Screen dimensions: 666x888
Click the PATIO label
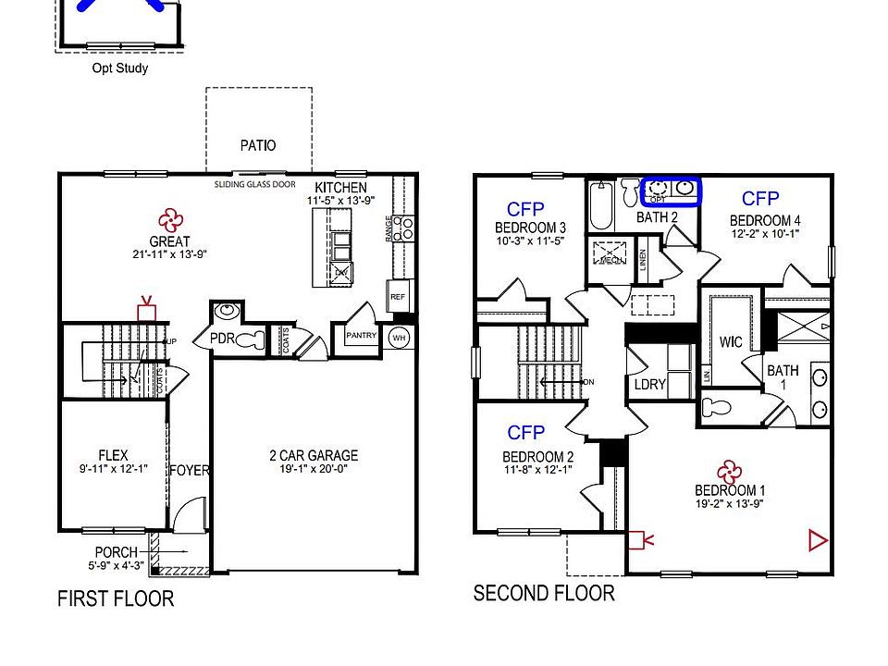[258, 145]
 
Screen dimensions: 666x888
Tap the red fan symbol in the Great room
[169, 219]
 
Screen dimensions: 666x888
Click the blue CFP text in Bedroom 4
[760, 199]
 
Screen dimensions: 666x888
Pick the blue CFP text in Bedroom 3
[525, 208]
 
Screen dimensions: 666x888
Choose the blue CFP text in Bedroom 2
[525, 432]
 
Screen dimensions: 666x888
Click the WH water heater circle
[400, 337]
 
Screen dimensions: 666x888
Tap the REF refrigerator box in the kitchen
[398, 297]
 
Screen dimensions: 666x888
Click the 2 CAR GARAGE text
[314, 455]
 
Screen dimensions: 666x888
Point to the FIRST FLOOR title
[116, 598]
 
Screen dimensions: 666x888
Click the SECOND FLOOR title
[544, 593]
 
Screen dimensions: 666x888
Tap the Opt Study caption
[120, 68]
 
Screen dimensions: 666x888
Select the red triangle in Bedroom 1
[817, 539]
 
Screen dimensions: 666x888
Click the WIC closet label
[731, 342]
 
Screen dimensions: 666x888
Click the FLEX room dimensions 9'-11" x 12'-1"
[113, 468]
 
